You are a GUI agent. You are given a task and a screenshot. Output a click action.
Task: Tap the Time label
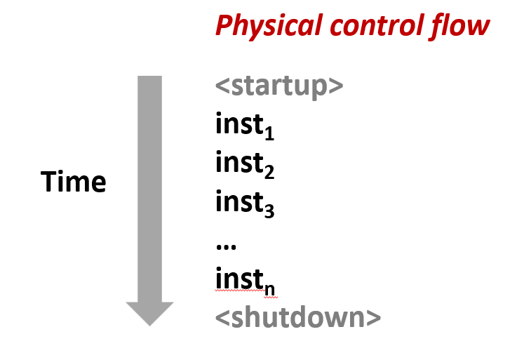tap(74, 182)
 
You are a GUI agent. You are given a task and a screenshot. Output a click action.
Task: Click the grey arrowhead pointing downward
tap(149, 312)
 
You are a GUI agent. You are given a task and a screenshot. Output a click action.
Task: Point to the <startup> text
tap(279, 86)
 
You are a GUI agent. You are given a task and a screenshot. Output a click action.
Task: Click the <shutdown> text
tap(298, 316)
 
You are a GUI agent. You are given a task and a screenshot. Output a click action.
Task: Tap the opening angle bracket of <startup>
tap(222, 86)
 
